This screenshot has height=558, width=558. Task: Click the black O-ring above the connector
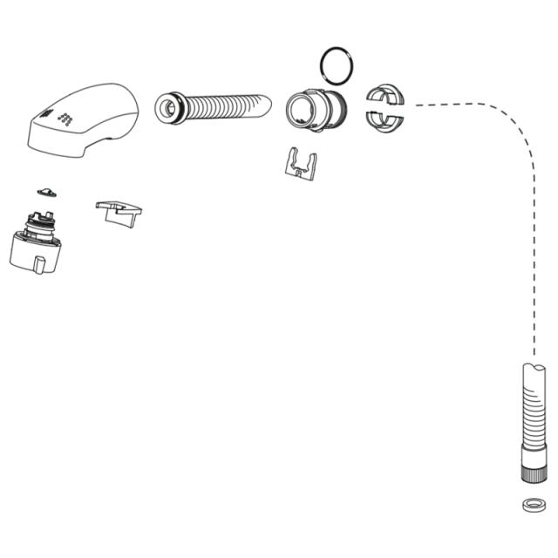(337, 63)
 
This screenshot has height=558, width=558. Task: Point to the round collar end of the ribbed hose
(168, 107)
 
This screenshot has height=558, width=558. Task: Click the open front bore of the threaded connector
(301, 111)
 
